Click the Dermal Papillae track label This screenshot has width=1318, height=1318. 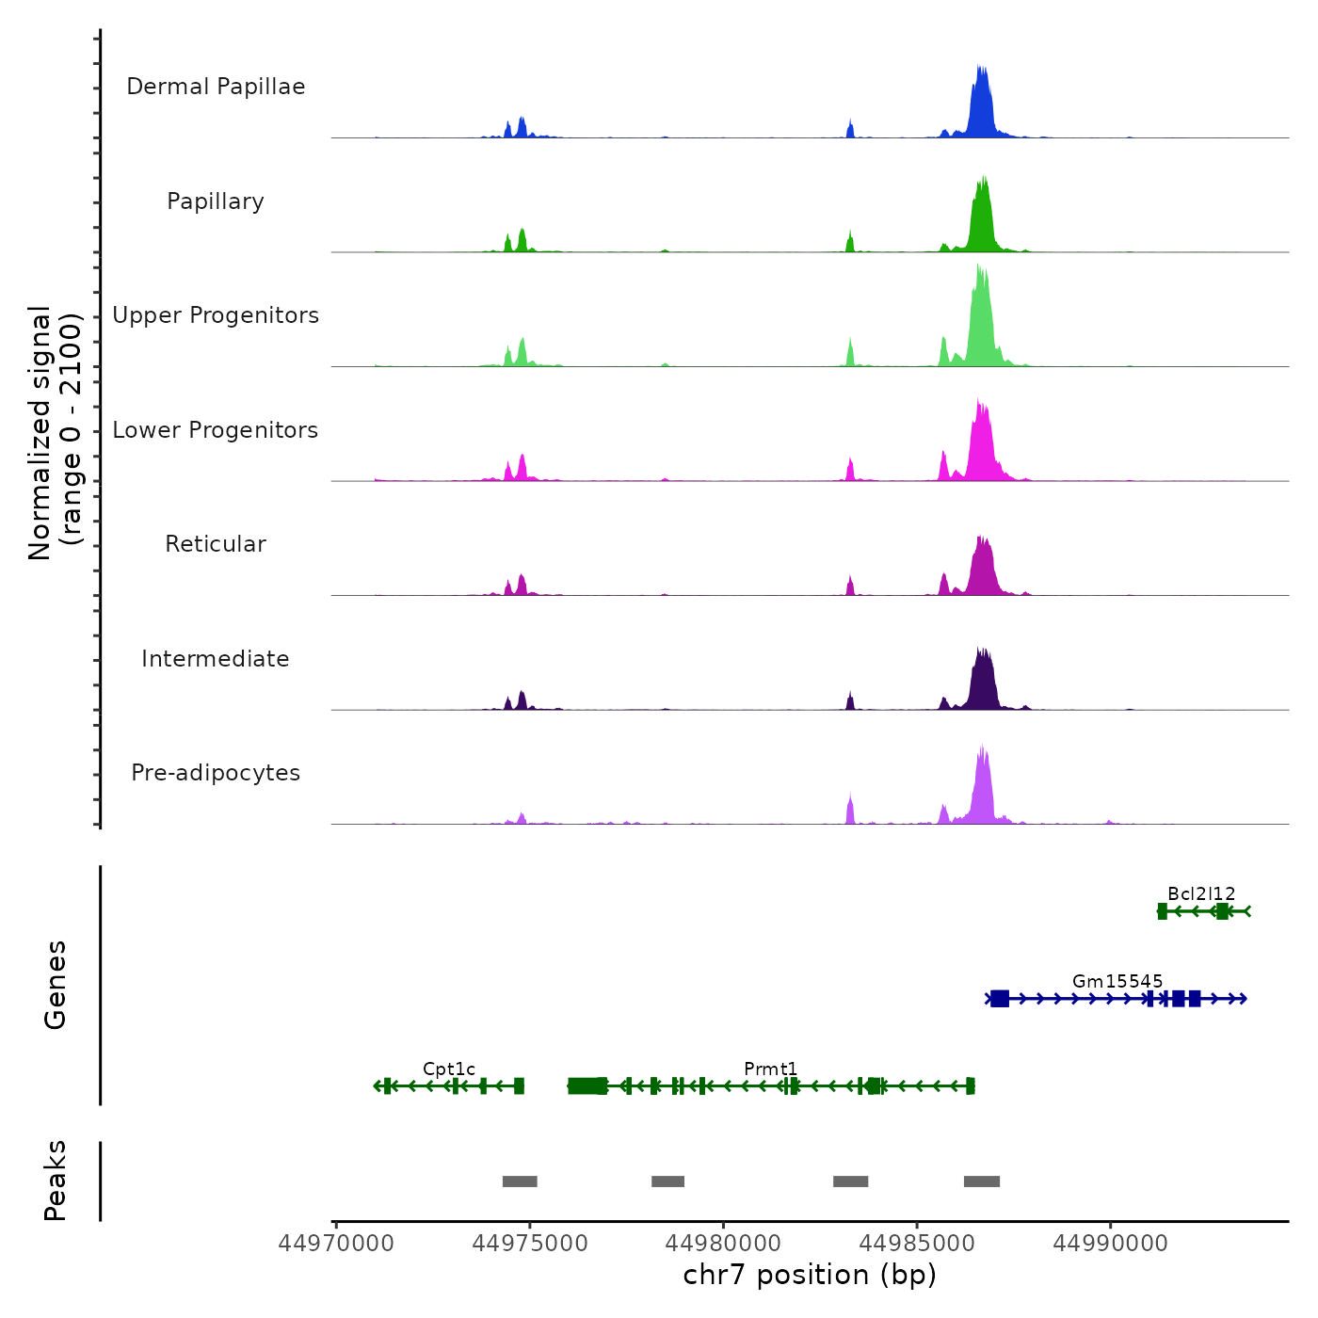click(216, 87)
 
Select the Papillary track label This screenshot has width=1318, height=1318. click(216, 201)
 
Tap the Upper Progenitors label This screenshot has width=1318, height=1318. click(216, 315)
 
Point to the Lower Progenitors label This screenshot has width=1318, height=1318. click(216, 430)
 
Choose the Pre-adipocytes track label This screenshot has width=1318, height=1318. click(216, 773)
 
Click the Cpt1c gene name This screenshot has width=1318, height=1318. click(449, 1069)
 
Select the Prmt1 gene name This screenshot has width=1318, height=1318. click(770, 1069)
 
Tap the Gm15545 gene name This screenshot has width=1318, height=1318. click(1117, 981)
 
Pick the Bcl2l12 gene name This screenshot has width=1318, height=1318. click(1201, 893)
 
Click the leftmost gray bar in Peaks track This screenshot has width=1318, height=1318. click(520, 1181)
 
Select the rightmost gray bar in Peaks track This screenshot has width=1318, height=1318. click(981, 1181)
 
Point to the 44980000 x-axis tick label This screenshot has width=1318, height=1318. click(723, 1244)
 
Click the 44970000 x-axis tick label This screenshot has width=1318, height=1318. click(336, 1244)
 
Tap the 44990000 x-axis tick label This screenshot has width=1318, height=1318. click(1110, 1244)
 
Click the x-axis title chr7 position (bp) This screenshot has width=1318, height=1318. click(810, 1275)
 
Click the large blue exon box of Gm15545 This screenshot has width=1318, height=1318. click(1000, 999)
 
